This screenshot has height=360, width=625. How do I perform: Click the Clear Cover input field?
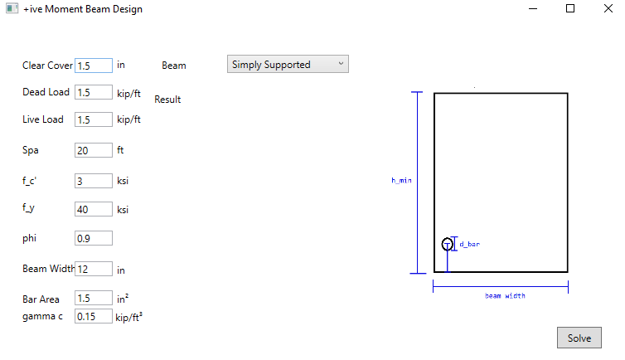pos(94,65)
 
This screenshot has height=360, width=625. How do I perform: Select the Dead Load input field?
pos(94,93)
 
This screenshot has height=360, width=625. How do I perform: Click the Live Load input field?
pos(94,120)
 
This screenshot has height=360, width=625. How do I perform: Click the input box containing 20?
pos(94,150)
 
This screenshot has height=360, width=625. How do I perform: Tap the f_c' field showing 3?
pos(94,180)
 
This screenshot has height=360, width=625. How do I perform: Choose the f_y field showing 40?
pos(94,210)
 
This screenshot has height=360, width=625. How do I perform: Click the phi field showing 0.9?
pos(94,239)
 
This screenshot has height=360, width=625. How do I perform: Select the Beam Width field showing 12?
pos(94,269)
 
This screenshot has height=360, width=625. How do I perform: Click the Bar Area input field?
pos(94,298)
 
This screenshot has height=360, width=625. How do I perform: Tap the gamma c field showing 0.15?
pos(94,316)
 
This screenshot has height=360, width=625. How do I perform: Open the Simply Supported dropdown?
pos(288,65)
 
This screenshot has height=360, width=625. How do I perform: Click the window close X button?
pos(608,9)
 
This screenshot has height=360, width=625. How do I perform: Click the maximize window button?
pos(570,9)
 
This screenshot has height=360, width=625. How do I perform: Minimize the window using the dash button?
pos(533,9)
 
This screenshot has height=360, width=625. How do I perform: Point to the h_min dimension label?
pos(401,180)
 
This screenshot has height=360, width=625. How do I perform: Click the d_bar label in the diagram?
pos(469,245)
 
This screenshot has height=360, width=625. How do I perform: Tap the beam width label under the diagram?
pos(505,296)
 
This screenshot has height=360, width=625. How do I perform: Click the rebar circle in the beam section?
pos(448,244)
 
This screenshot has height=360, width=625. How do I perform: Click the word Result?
pos(167,100)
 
